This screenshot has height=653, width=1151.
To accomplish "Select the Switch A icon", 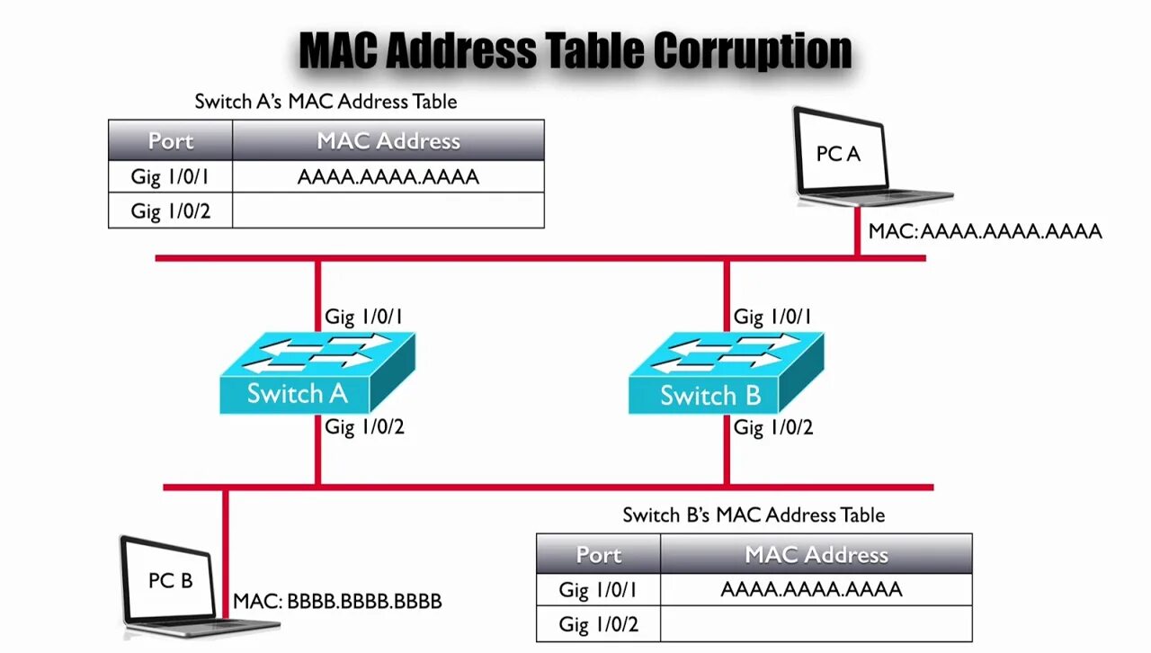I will pyautogui.click(x=317, y=373).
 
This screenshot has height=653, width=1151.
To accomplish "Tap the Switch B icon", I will pyautogui.click(x=725, y=373).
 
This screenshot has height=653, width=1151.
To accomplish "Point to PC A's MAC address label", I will pyautogui.click(x=985, y=231).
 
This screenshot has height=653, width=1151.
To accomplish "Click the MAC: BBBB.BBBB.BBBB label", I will pyautogui.click(x=337, y=601).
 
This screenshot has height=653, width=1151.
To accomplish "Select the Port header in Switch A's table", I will pyautogui.click(x=171, y=141).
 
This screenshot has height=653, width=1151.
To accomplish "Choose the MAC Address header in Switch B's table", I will pyautogui.click(x=816, y=555).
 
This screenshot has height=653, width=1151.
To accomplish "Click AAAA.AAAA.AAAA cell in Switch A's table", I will pyautogui.click(x=388, y=176).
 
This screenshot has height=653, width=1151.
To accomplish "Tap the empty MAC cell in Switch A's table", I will pyautogui.click(x=388, y=210).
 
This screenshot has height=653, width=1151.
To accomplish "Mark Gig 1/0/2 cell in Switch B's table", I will pyautogui.click(x=598, y=624).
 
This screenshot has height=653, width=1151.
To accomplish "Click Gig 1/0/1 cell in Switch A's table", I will pyautogui.click(x=170, y=176).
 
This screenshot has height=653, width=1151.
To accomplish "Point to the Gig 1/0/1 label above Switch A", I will pyautogui.click(x=364, y=317).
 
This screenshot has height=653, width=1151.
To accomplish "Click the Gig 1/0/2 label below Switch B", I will pyautogui.click(x=773, y=427).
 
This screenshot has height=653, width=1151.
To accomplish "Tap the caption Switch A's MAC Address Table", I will pyautogui.click(x=326, y=101).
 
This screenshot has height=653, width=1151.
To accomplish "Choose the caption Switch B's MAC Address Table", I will pyautogui.click(x=754, y=514).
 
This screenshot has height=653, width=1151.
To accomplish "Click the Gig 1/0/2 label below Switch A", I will pyautogui.click(x=364, y=427).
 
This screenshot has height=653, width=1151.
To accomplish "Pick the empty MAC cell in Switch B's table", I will pyautogui.click(x=816, y=624).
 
